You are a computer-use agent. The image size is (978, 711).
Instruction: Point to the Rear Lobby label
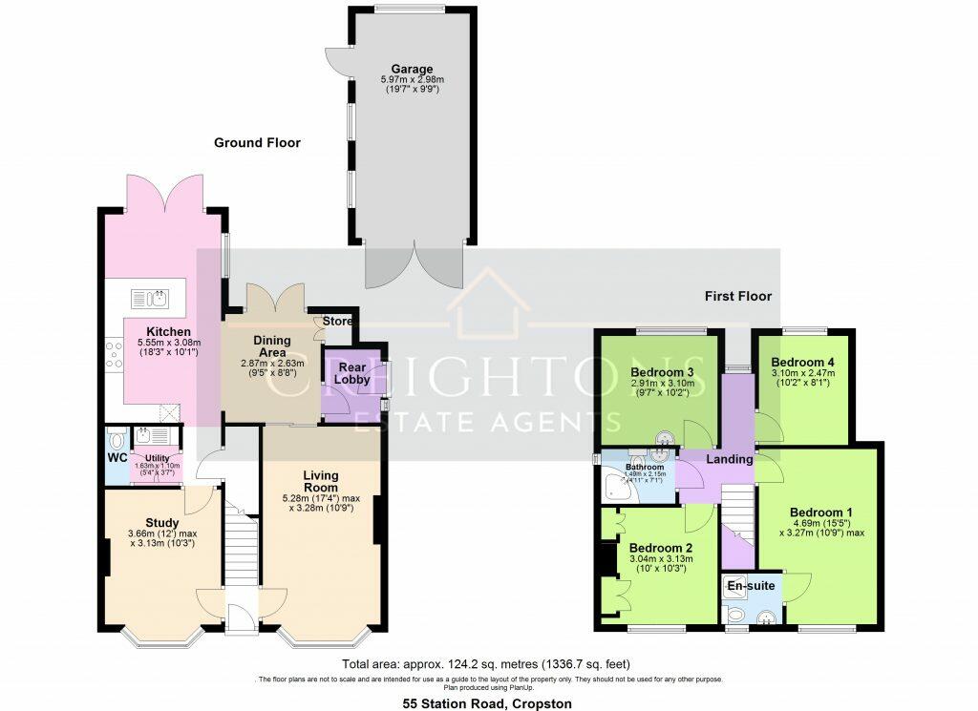click(351, 374)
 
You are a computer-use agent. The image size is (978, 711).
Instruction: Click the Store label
click(337, 321)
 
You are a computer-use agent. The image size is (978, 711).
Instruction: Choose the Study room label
click(162, 522)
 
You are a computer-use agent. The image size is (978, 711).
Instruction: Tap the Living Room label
click(321, 481)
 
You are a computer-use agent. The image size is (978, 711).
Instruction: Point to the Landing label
click(730, 459)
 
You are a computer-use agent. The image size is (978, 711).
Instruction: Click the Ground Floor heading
click(257, 143)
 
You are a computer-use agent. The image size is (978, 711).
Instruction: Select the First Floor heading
click(738, 296)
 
